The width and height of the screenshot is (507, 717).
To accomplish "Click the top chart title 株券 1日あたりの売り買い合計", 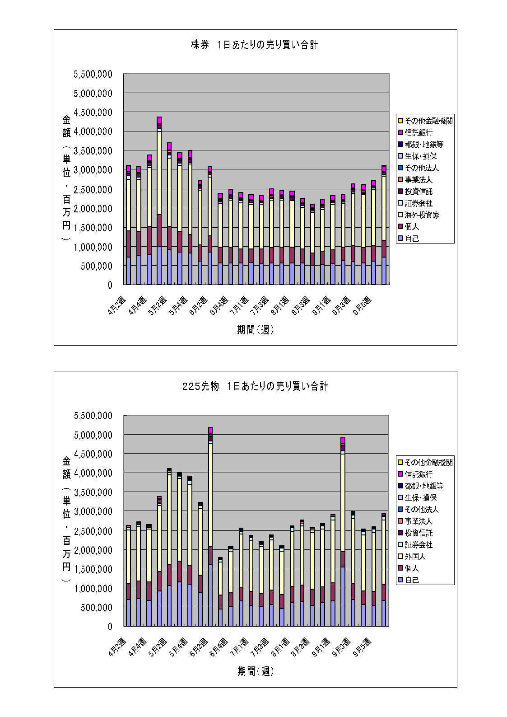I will pos(255,45).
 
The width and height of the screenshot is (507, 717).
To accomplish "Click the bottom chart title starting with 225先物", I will pos(255,386).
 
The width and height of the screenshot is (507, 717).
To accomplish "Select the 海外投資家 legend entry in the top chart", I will pos(422,215).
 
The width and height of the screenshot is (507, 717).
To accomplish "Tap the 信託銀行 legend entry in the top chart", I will pos(419,133).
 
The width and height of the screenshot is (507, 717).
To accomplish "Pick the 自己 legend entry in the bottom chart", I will pos(412,580).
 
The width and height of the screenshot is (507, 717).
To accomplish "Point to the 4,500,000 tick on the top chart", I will pos(93,112).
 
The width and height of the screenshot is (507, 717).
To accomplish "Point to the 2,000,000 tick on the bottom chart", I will pos(93,550).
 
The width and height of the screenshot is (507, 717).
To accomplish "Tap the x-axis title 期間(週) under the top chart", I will pos(256,330).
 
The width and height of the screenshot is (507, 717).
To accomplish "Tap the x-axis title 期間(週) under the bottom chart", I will pos(256,671).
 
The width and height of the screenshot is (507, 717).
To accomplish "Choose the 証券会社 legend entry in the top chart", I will pos(419,203).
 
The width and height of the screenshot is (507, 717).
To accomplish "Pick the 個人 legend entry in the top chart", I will pos(412,227).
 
